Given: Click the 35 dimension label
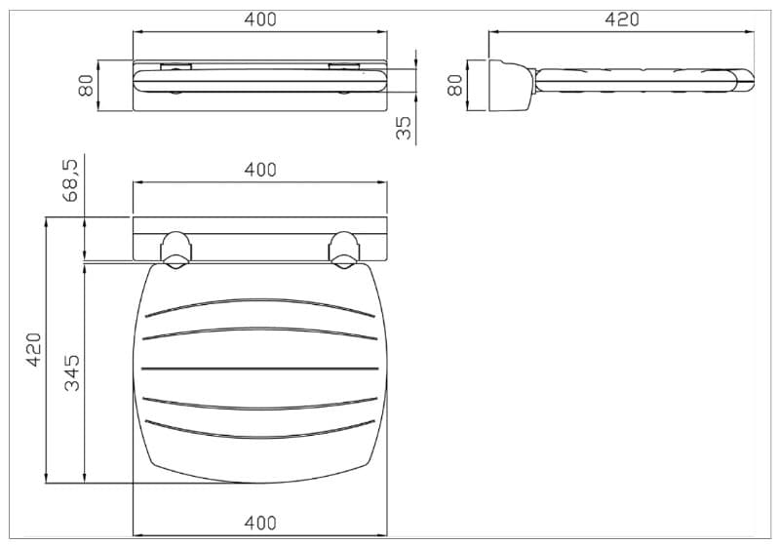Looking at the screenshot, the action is click(404, 128).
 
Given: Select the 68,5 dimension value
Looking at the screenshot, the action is click(70, 180).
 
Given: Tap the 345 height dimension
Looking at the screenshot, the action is click(71, 373).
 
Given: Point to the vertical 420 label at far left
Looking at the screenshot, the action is click(34, 350).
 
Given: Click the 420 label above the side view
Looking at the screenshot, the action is click(622, 19).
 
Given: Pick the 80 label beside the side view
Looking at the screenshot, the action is click(454, 85).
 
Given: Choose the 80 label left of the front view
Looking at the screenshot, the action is click(86, 85).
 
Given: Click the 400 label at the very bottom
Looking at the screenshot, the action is click(260, 524).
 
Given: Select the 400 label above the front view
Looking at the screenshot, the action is click(260, 19).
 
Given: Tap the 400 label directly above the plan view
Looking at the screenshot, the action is click(260, 170).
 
